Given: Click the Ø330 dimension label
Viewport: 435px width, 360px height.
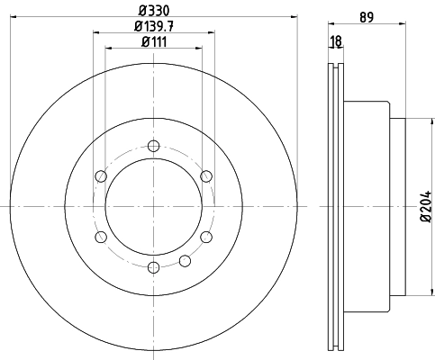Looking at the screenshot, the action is pyautogui.click(x=154, y=11).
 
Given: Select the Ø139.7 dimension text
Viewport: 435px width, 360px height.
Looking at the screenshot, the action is pyautogui.click(x=154, y=26).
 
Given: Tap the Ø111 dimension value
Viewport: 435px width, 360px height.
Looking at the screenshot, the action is pyautogui.click(x=154, y=42).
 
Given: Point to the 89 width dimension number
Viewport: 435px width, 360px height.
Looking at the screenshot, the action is pyautogui.click(x=367, y=17).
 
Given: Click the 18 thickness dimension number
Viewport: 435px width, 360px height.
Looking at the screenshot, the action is pyautogui.click(x=336, y=41).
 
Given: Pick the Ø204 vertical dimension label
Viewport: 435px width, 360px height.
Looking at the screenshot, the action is pyautogui.click(x=426, y=206).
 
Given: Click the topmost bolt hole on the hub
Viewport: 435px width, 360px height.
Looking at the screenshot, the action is pyautogui.click(x=154, y=146).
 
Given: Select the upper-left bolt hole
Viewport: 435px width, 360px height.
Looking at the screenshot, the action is pyautogui.click(x=101, y=176).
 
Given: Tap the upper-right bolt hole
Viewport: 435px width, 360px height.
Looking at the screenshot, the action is pyautogui.click(x=206, y=176).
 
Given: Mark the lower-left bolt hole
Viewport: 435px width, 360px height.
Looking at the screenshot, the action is pyautogui.click(x=101, y=237).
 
